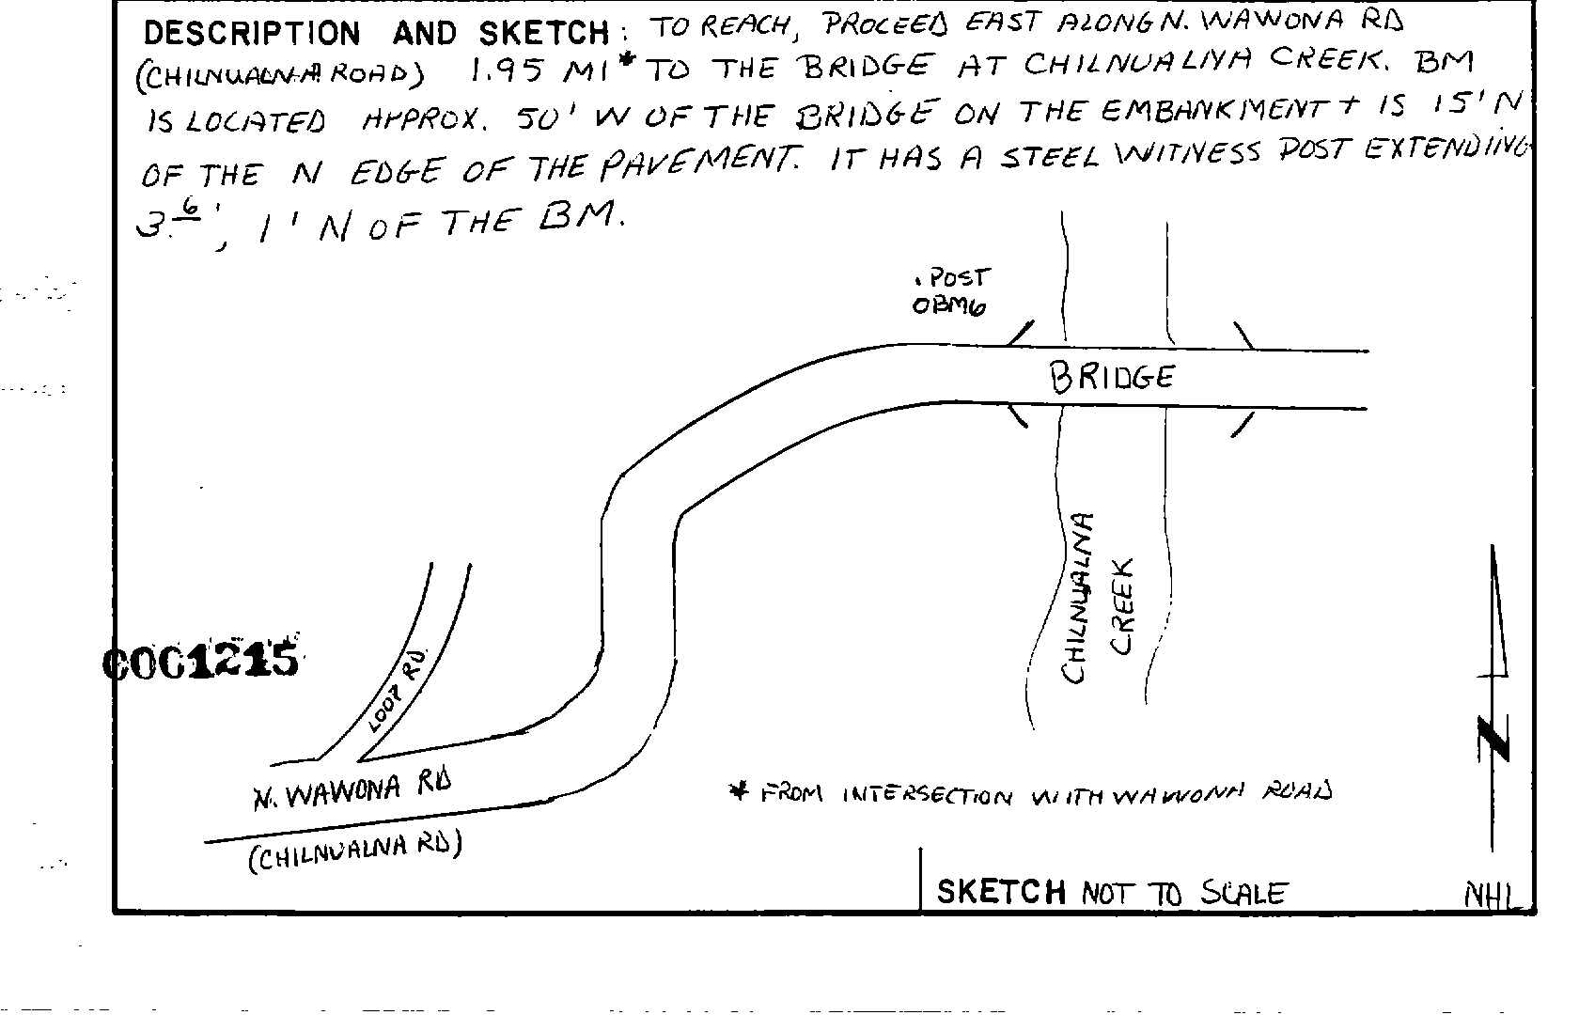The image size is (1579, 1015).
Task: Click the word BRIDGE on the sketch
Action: click(1112, 378)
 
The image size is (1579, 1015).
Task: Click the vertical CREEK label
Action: click(1123, 606)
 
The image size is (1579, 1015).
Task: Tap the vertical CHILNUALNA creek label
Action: click(1077, 599)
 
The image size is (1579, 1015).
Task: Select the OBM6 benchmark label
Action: click(949, 306)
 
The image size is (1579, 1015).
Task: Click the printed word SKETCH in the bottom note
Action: click(1001, 891)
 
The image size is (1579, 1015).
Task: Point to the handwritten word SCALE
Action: click(1243, 893)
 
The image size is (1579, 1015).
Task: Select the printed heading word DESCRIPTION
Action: click(251, 34)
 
